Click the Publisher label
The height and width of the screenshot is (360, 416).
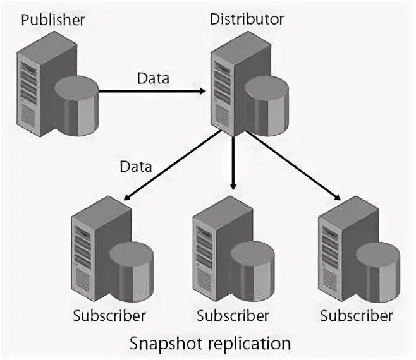(53, 20)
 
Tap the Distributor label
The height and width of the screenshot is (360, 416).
(247, 18)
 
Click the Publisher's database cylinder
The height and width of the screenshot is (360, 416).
(77, 105)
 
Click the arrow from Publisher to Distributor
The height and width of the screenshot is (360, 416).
(152, 91)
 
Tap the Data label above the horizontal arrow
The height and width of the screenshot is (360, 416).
(153, 79)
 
